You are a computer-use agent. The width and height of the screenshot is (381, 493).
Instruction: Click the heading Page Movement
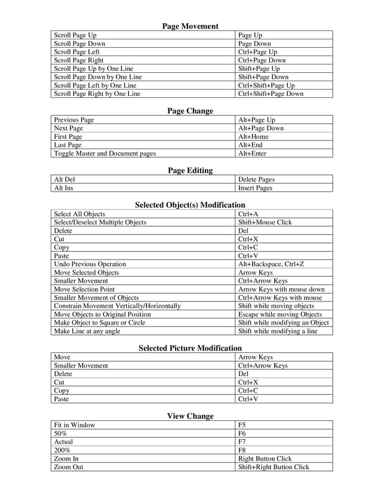click(190, 26)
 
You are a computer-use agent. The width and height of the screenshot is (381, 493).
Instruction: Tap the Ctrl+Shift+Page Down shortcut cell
click(271, 94)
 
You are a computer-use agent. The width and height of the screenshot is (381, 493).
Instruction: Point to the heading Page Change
click(190, 111)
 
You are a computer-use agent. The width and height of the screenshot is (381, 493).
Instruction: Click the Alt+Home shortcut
click(253, 137)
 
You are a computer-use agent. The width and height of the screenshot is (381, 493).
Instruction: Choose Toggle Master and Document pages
click(105, 153)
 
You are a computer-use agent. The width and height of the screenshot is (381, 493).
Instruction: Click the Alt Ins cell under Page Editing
click(64, 188)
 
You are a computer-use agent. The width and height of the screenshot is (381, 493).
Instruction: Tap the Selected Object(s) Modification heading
click(190, 205)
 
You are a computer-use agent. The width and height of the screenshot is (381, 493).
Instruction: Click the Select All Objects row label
click(79, 214)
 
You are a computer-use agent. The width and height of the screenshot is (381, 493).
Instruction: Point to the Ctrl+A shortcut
click(248, 214)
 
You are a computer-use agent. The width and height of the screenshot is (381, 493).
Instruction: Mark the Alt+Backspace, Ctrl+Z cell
click(271, 264)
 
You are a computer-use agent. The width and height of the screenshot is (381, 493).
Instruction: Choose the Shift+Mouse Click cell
click(265, 222)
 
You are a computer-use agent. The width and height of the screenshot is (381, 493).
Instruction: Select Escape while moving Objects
click(279, 314)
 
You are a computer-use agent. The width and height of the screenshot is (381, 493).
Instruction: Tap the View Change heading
click(190, 416)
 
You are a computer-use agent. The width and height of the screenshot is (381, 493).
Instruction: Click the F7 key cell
click(242, 442)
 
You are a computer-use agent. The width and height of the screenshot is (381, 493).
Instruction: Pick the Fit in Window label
click(75, 425)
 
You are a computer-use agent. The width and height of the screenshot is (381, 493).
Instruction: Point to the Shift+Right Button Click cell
click(274, 467)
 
